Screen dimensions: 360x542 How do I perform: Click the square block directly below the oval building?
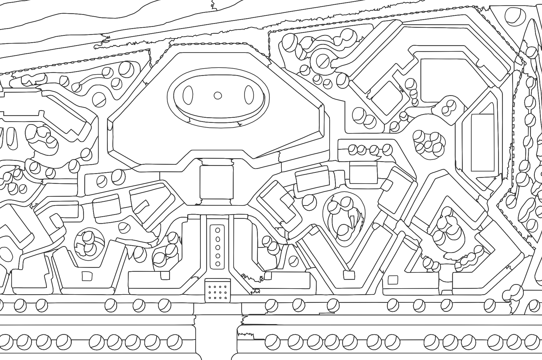(x=216, y=182)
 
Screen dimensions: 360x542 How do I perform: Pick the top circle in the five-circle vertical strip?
(x=218, y=230)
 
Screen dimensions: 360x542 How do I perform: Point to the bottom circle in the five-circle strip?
(x=218, y=264)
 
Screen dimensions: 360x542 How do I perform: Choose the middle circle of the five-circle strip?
(x=218, y=247)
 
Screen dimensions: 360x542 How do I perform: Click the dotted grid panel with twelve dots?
(x=218, y=290)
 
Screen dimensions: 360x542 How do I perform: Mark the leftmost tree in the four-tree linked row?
(x=353, y=149)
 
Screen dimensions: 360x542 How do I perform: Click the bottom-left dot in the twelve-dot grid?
(x=210, y=298)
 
